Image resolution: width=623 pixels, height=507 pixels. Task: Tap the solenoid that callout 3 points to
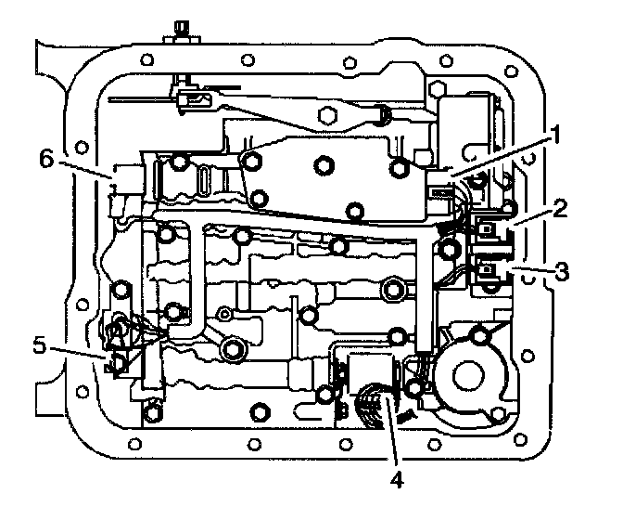pyautogui.click(x=489, y=271)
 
